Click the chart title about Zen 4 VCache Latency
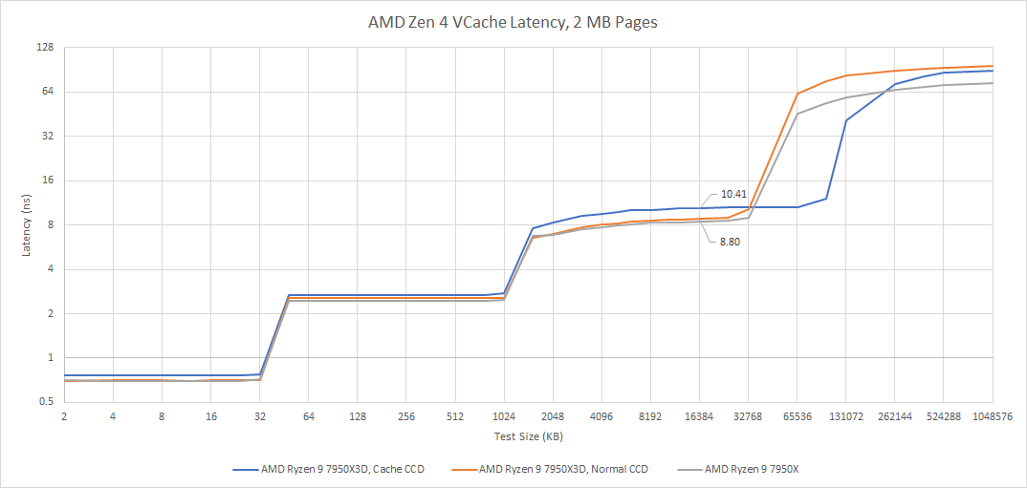(513, 22)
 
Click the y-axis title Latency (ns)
(27, 224)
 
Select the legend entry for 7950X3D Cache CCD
(328, 469)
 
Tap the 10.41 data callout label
(733, 194)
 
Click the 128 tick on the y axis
(44, 47)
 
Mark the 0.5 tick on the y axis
(44, 402)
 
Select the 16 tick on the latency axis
(46, 180)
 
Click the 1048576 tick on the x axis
(993, 416)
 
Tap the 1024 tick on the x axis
(504, 416)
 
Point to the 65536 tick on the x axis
(798, 416)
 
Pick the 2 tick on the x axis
(64, 416)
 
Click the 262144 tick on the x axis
(895, 416)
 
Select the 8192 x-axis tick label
(650, 416)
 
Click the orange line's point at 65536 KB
(798, 94)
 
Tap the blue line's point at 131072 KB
(846, 120)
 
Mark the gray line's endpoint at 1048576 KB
(993, 83)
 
